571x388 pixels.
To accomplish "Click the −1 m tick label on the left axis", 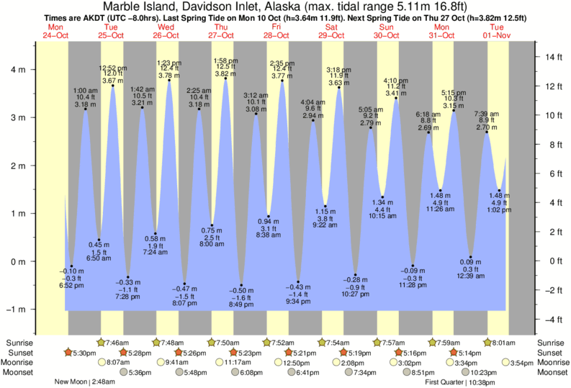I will (16, 310).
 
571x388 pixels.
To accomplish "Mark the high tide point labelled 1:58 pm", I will (226, 78).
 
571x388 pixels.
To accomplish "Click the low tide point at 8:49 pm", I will (241, 285).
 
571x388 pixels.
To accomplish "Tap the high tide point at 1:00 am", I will (86, 109).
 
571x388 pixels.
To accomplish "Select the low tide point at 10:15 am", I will (382, 197).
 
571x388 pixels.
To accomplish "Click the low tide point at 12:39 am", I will (470, 257).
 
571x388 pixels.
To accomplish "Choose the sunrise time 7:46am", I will (117, 342).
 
